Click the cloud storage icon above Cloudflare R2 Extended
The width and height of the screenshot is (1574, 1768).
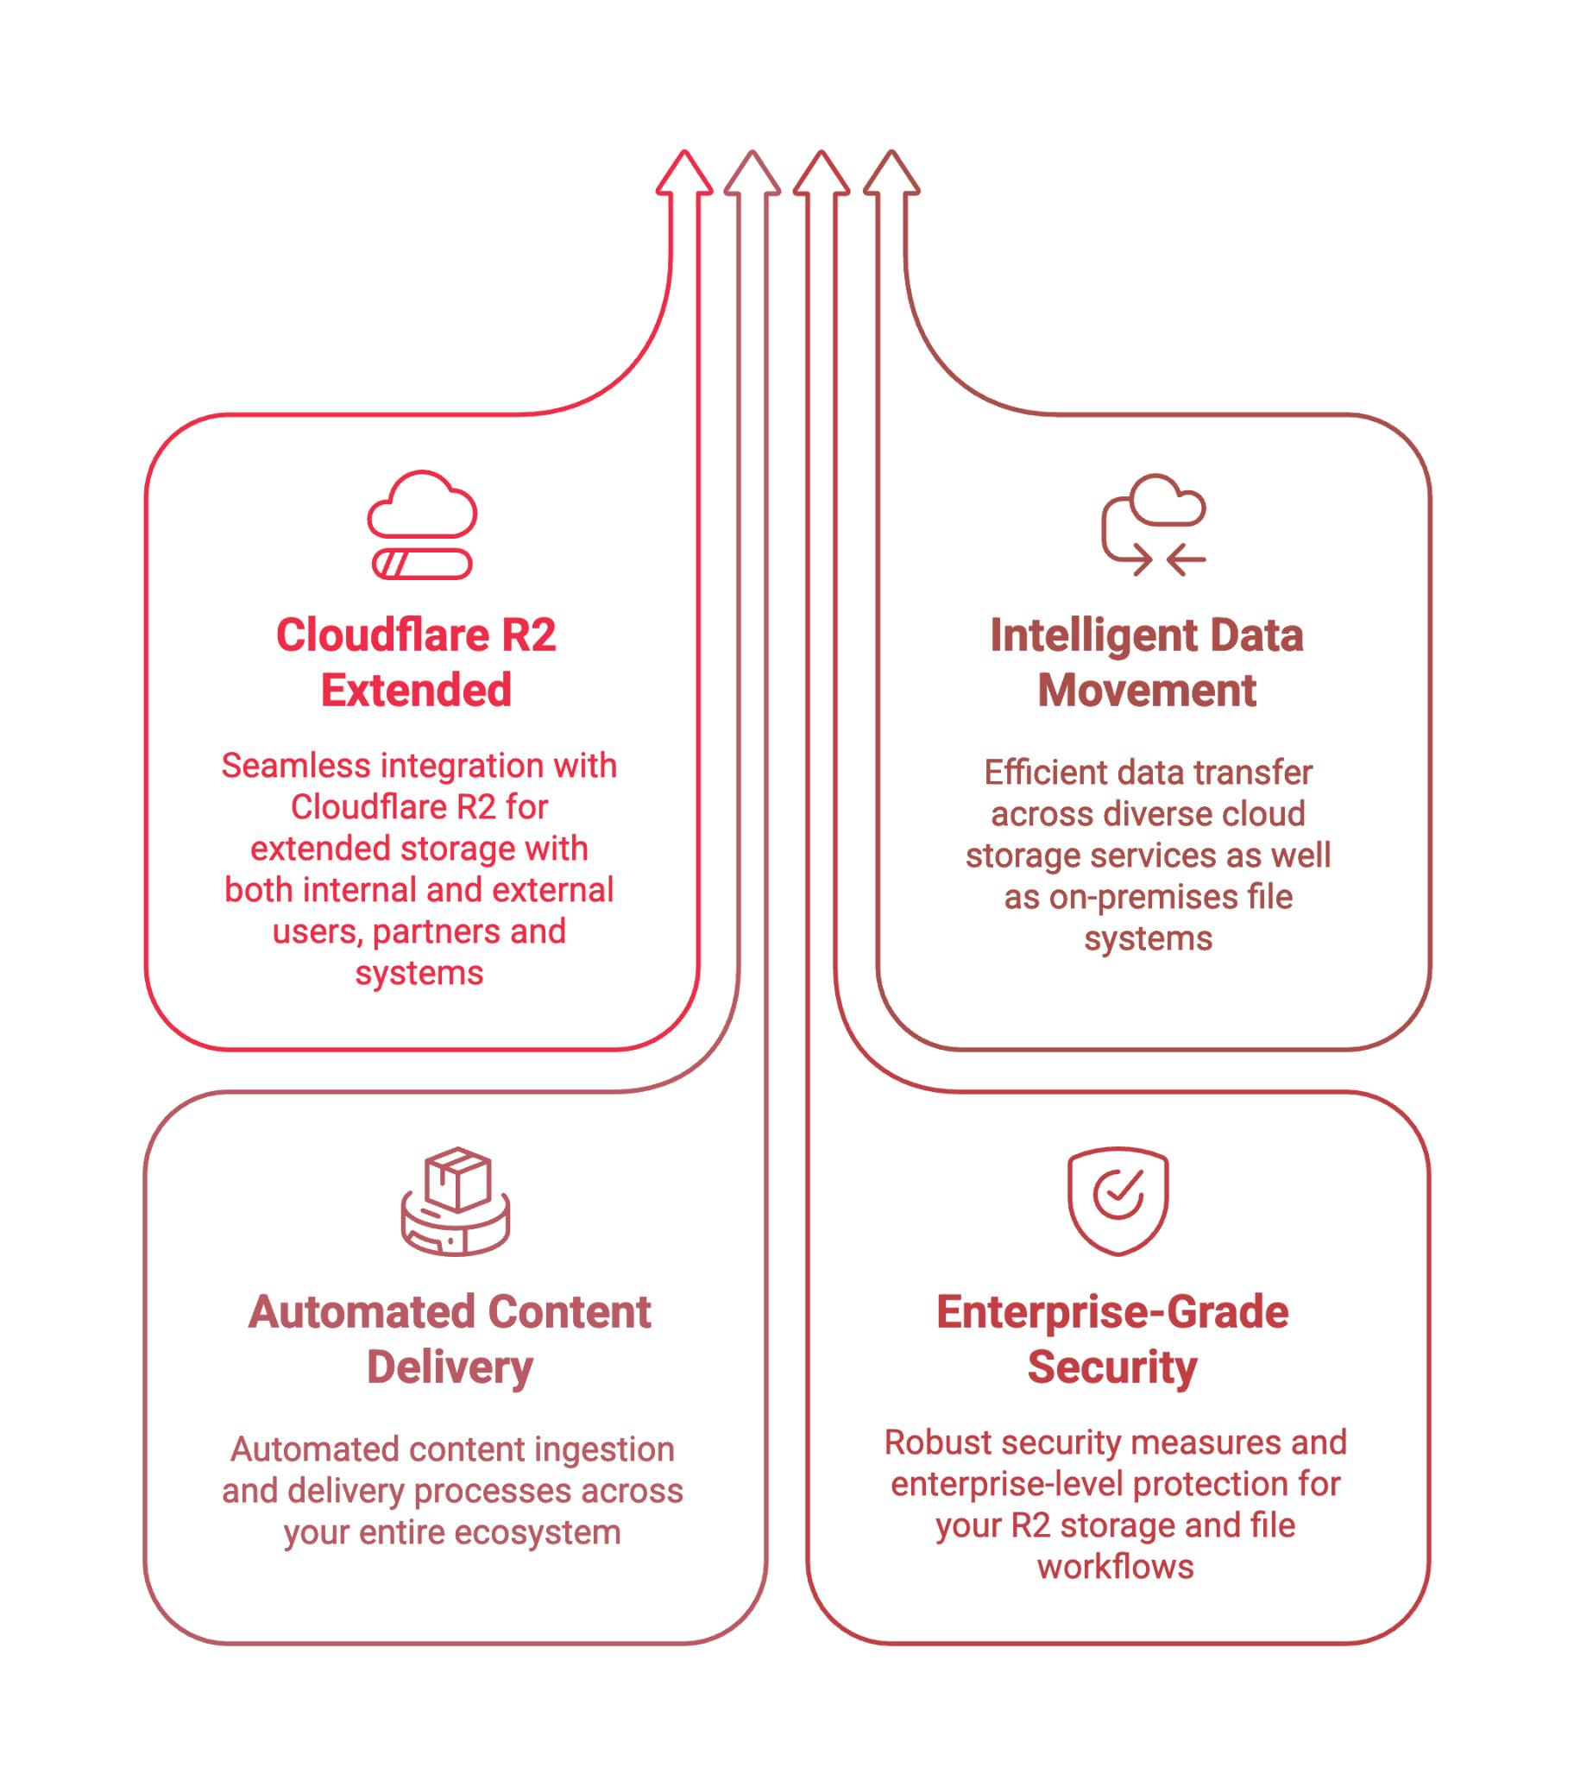[x=421, y=524]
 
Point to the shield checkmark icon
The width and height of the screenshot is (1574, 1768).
[x=1118, y=1200]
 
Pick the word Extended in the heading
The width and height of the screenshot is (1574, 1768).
[x=416, y=691]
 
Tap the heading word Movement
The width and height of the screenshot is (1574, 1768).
[x=1147, y=691]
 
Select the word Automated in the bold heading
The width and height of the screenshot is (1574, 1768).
[x=348, y=1312]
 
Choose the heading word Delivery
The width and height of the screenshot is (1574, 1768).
[x=450, y=1367]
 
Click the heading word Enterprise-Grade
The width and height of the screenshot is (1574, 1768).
[x=1112, y=1312]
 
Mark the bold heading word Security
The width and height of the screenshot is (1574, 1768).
[x=1112, y=1367]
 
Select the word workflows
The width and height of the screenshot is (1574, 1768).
[x=1116, y=1567]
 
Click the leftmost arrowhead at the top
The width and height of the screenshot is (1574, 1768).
[x=684, y=173]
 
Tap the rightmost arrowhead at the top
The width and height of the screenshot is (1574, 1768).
[x=891, y=173]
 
